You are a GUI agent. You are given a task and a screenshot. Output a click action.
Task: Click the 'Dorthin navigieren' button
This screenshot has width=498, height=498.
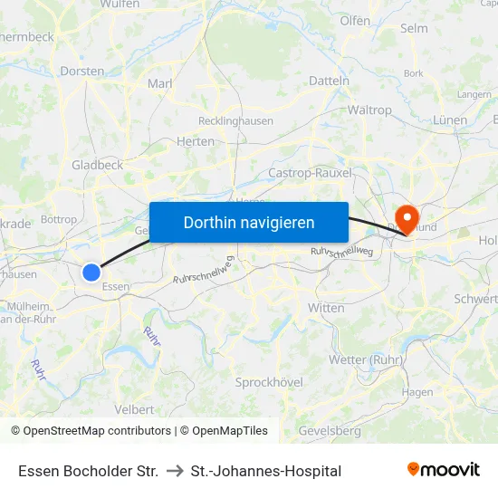(x=249, y=222)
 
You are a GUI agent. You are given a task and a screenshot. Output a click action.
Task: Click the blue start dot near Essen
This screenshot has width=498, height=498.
(x=91, y=272)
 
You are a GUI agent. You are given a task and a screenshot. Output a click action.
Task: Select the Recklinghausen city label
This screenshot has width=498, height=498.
(x=235, y=120)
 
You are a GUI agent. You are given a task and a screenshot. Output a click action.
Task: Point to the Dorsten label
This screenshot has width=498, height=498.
(x=81, y=71)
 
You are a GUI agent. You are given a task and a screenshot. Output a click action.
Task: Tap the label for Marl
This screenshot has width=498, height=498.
(x=159, y=84)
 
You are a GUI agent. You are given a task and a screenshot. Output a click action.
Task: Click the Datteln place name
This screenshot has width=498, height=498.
(x=329, y=81)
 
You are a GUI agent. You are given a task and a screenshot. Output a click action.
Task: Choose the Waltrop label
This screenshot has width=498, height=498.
(x=369, y=110)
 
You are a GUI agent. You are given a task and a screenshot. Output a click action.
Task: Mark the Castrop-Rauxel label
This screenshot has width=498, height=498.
(x=311, y=172)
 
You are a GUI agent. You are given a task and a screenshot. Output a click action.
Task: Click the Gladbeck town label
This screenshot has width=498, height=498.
(x=97, y=165)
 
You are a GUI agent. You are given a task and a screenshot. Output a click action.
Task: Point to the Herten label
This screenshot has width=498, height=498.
(x=196, y=141)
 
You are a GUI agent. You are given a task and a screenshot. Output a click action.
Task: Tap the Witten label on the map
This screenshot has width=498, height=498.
(x=326, y=308)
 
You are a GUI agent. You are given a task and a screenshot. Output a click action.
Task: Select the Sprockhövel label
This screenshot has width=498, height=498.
(x=269, y=382)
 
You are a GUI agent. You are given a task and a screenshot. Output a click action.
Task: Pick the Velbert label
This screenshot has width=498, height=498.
(x=134, y=409)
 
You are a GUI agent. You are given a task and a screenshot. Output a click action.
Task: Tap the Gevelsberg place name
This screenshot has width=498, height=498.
(x=329, y=431)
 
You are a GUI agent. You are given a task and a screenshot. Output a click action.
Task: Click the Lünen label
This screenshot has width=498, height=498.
(x=450, y=120)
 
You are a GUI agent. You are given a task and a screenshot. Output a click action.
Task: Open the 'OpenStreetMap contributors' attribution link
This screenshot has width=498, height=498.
(x=97, y=431)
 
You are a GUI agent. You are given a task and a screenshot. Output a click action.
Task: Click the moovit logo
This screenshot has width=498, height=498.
(x=444, y=470)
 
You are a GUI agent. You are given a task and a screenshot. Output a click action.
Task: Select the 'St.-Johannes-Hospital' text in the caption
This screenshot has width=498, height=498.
(x=265, y=471)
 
